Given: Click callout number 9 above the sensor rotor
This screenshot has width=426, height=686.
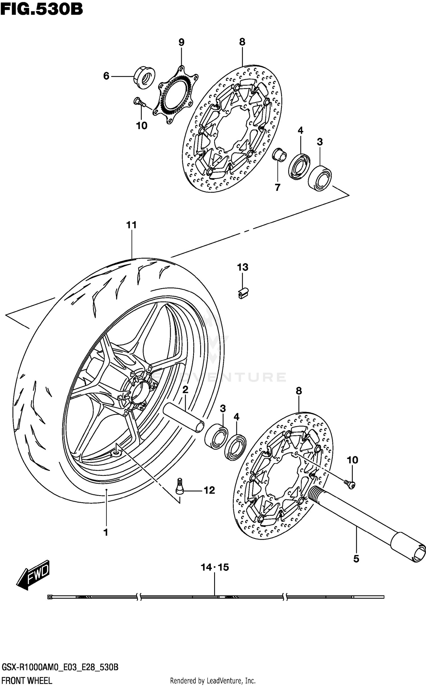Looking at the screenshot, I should tap(181, 42).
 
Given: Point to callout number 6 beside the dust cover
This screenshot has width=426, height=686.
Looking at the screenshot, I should tap(106, 76).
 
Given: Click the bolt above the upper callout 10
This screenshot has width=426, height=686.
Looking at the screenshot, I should tap(139, 102).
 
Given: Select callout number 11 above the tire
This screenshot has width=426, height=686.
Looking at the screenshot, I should tap(131, 225).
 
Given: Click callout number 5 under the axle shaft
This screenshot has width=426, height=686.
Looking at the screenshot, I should tap(356, 559).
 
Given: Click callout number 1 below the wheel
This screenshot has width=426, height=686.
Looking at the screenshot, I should tap(106, 533).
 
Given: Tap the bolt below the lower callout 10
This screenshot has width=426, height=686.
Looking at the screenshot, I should tap(350, 484).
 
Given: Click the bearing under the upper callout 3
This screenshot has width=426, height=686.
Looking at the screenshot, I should tap(320, 177).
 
